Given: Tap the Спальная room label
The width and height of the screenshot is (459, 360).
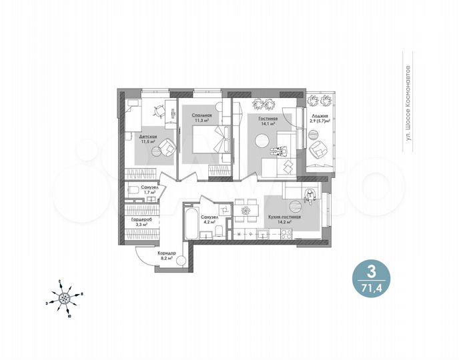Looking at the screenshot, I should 201,116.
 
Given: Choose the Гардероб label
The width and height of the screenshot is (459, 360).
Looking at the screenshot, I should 140,219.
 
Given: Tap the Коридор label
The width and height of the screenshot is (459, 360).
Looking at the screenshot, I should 166,253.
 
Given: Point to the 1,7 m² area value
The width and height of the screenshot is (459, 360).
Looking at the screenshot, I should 149,193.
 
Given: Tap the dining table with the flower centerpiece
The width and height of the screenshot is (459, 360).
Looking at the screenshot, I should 244,211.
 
